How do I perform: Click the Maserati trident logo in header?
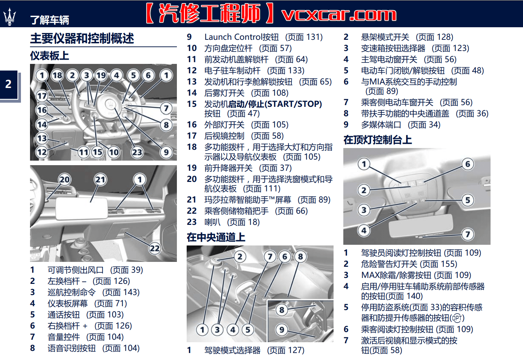9,17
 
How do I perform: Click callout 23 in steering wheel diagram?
137,152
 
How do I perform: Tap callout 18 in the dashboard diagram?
57,75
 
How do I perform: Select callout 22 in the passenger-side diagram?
155,248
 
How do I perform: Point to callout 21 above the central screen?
100,179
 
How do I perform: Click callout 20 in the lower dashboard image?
65,179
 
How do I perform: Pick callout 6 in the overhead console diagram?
468,164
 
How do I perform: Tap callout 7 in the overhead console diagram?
468,234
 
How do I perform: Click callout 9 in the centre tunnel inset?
282,329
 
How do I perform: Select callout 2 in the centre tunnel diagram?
240,257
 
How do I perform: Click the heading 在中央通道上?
216,237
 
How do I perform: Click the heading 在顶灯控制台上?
378,140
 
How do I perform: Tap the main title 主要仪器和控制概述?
82,38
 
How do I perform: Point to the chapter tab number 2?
8,84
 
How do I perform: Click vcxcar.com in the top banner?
338,14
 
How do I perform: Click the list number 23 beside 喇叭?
192,222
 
